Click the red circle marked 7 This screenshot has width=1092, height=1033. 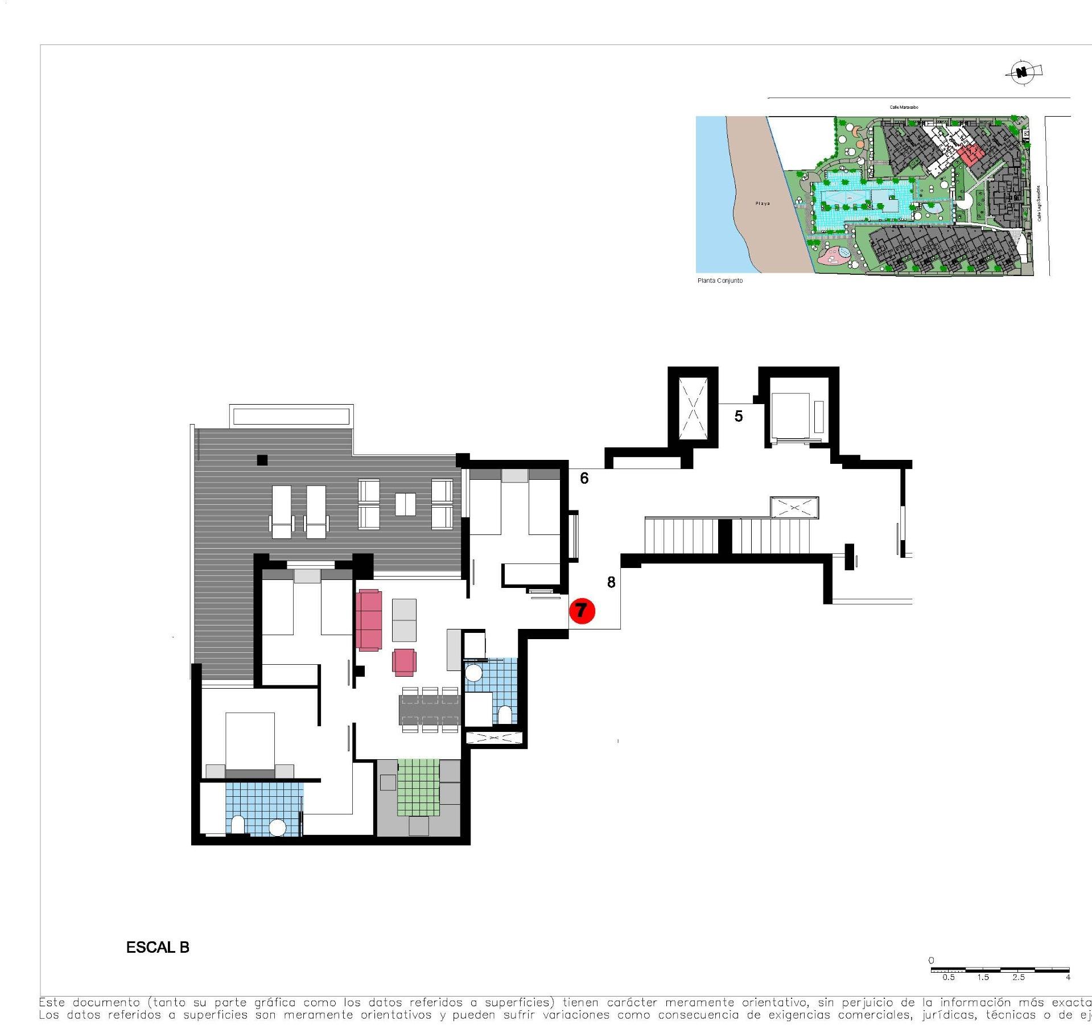pos(582,611)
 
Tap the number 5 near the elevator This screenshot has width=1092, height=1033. pos(738,417)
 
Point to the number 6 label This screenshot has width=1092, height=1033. pos(584,479)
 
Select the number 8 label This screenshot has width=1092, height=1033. pos(611,582)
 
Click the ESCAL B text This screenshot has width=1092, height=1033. pos(158,947)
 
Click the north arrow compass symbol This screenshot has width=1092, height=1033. pos(1023,72)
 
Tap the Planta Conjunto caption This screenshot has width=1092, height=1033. pos(720,281)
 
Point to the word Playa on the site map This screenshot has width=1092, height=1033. pos(762,203)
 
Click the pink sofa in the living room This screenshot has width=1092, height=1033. pos(369,620)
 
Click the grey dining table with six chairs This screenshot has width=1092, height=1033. pos(430,710)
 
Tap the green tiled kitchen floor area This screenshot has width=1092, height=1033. pos(419,788)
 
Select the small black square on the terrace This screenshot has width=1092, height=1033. pos(262,460)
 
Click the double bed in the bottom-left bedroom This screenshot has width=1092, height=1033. pos(250,743)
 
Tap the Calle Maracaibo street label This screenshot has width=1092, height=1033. pos(904,107)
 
